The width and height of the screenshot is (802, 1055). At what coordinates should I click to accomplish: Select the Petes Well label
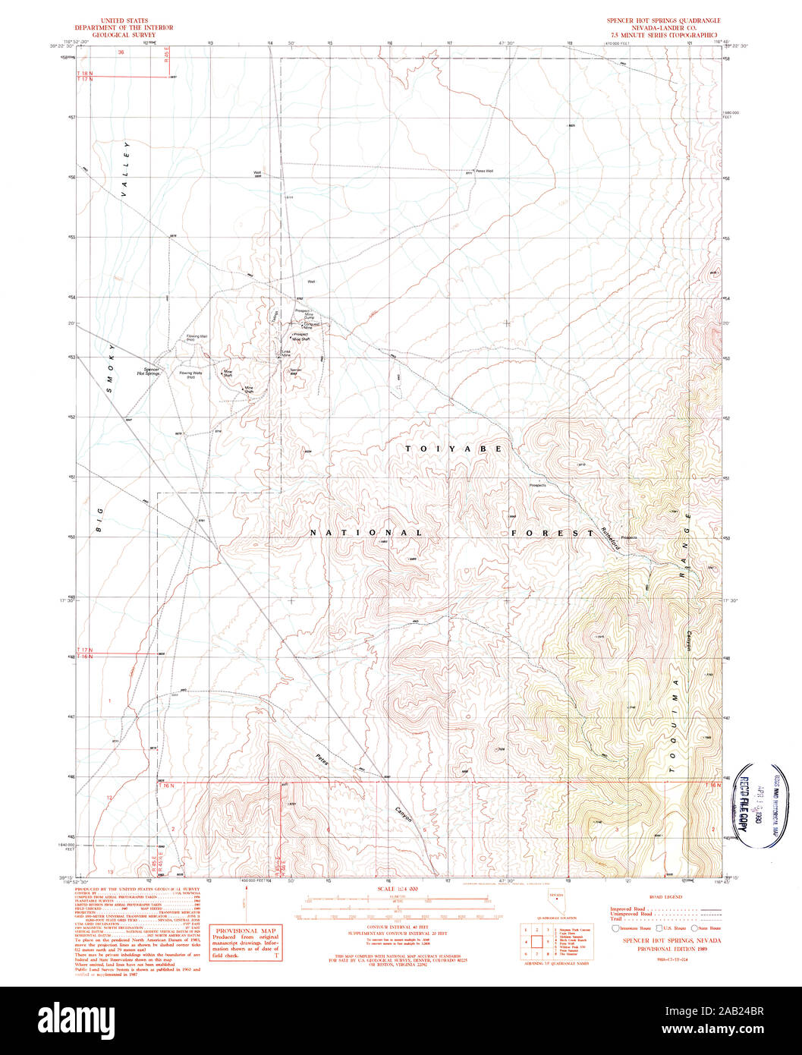tap(483, 171)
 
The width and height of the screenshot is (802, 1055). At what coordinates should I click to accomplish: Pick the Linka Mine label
tap(287, 353)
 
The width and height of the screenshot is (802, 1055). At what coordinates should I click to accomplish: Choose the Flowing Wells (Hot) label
tap(190, 375)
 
